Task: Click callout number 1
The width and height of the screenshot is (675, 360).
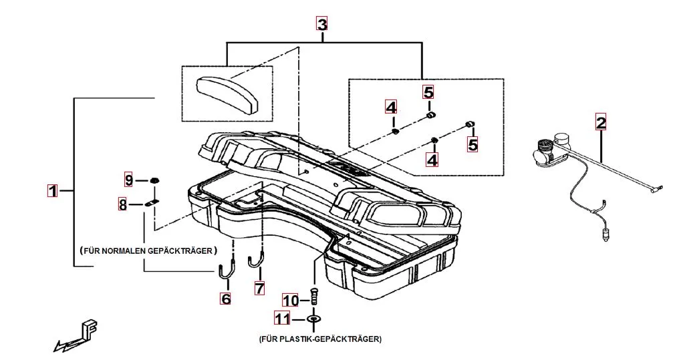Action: pos(51,190)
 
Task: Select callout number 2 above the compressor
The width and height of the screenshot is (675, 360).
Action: pos(601,122)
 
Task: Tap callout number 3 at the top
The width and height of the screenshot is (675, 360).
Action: pos(322,25)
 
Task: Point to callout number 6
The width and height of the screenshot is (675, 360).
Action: pos(226,299)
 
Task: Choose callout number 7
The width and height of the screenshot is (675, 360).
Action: pos(259,289)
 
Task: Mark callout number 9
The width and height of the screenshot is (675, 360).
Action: pos(129,180)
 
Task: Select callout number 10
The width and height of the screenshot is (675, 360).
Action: pos(291,300)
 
